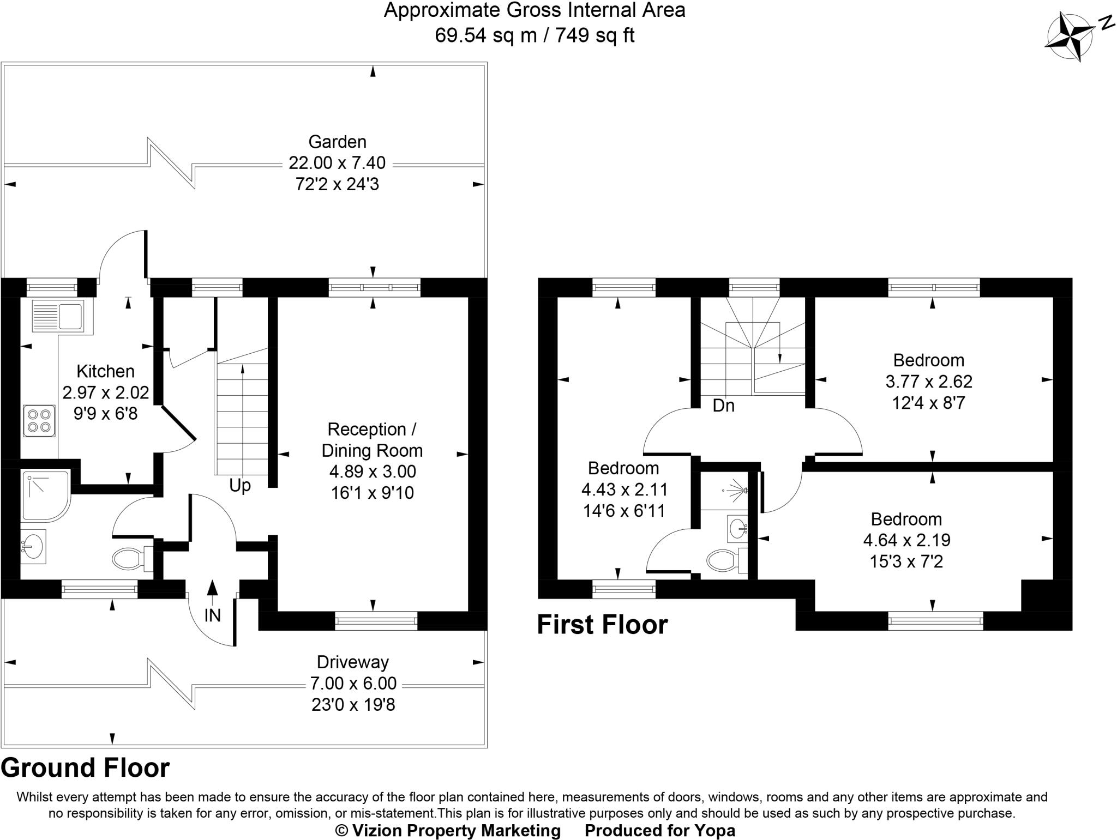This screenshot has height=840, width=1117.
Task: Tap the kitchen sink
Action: coord(58,316)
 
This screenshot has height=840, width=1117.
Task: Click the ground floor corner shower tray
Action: coord(46,496)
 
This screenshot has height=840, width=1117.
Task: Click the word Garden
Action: coord(337,142)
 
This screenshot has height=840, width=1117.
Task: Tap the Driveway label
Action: coord(353,662)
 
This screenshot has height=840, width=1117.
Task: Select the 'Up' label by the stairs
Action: coord(240,485)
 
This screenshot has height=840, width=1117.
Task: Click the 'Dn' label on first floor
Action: coord(724,406)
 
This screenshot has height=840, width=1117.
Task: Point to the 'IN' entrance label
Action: coord(212,615)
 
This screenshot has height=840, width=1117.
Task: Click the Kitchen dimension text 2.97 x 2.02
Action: coord(106,392)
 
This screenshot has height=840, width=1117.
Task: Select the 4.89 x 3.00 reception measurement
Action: coord(373,472)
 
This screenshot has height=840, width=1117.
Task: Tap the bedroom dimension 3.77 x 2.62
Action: coord(929,381)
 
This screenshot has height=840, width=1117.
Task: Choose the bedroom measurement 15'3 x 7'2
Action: coord(906,561)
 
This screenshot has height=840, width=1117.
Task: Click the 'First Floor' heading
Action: coord(603,625)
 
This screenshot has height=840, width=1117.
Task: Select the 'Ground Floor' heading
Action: coord(86,768)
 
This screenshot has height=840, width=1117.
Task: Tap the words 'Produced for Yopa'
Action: coord(660,830)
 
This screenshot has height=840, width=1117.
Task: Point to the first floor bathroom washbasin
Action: coord(737,527)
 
